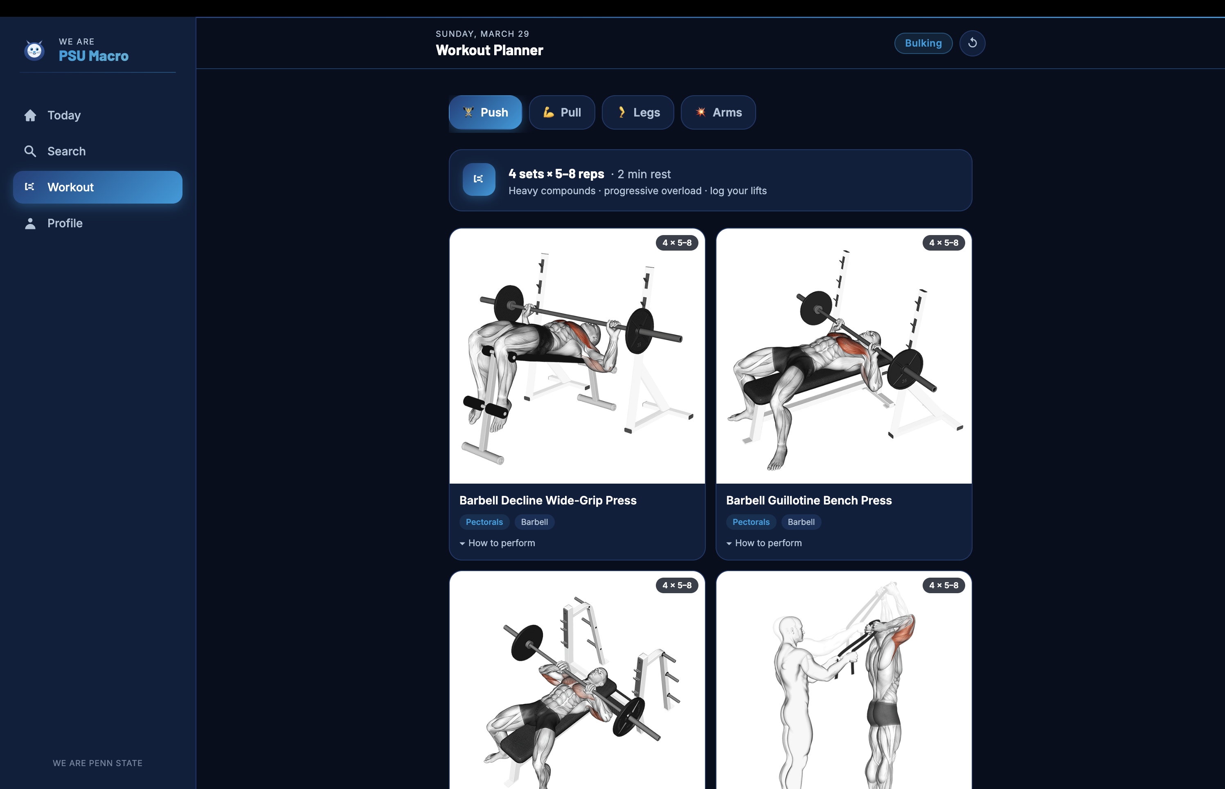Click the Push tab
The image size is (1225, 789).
pyautogui.click(x=485, y=112)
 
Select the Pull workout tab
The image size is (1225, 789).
pyautogui.click(x=562, y=112)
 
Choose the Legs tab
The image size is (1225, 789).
pyautogui.click(x=638, y=112)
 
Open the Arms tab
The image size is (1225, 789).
pyautogui.click(x=718, y=112)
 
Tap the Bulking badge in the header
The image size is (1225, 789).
pyautogui.click(x=923, y=43)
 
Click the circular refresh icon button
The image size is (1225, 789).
pyautogui.click(x=972, y=43)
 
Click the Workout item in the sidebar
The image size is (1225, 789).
pyautogui.click(x=97, y=187)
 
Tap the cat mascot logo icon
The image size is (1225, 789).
pyautogui.click(x=34, y=50)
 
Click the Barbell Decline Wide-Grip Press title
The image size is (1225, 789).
pyautogui.click(x=547, y=500)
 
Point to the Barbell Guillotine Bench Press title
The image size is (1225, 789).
pyautogui.click(x=808, y=500)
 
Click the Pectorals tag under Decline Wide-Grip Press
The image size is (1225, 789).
pyautogui.click(x=484, y=522)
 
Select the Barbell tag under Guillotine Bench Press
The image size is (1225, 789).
pyautogui.click(x=801, y=522)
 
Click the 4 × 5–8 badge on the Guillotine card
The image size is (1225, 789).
pyautogui.click(x=944, y=243)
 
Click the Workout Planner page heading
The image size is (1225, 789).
pyautogui.click(x=489, y=50)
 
